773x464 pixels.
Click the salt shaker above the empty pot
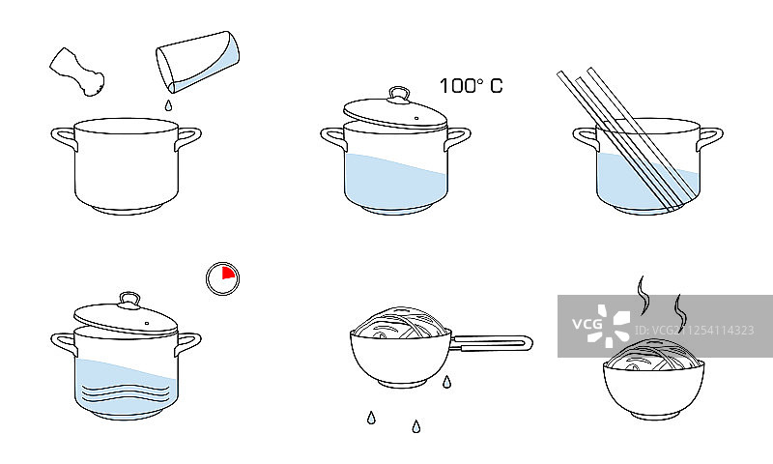(77, 72)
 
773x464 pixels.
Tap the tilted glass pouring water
(198, 62)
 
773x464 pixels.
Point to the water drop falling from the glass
(168, 105)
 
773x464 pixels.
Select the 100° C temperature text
(471, 86)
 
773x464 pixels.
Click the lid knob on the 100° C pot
(399, 94)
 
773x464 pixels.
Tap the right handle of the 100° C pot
(457, 139)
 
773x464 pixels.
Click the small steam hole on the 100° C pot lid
(416, 118)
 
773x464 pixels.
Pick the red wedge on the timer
(227, 273)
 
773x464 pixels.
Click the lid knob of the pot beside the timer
(129, 300)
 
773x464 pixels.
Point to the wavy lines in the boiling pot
(126, 390)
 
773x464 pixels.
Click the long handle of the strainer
(492, 342)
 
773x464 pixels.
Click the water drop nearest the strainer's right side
(446, 382)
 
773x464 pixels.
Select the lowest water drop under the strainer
(416, 426)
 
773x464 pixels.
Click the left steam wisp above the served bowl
(644, 296)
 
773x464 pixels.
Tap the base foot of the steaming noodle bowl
(654, 416)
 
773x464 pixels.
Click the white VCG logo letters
(587, 324)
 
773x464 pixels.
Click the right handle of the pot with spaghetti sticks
(710, 139)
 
